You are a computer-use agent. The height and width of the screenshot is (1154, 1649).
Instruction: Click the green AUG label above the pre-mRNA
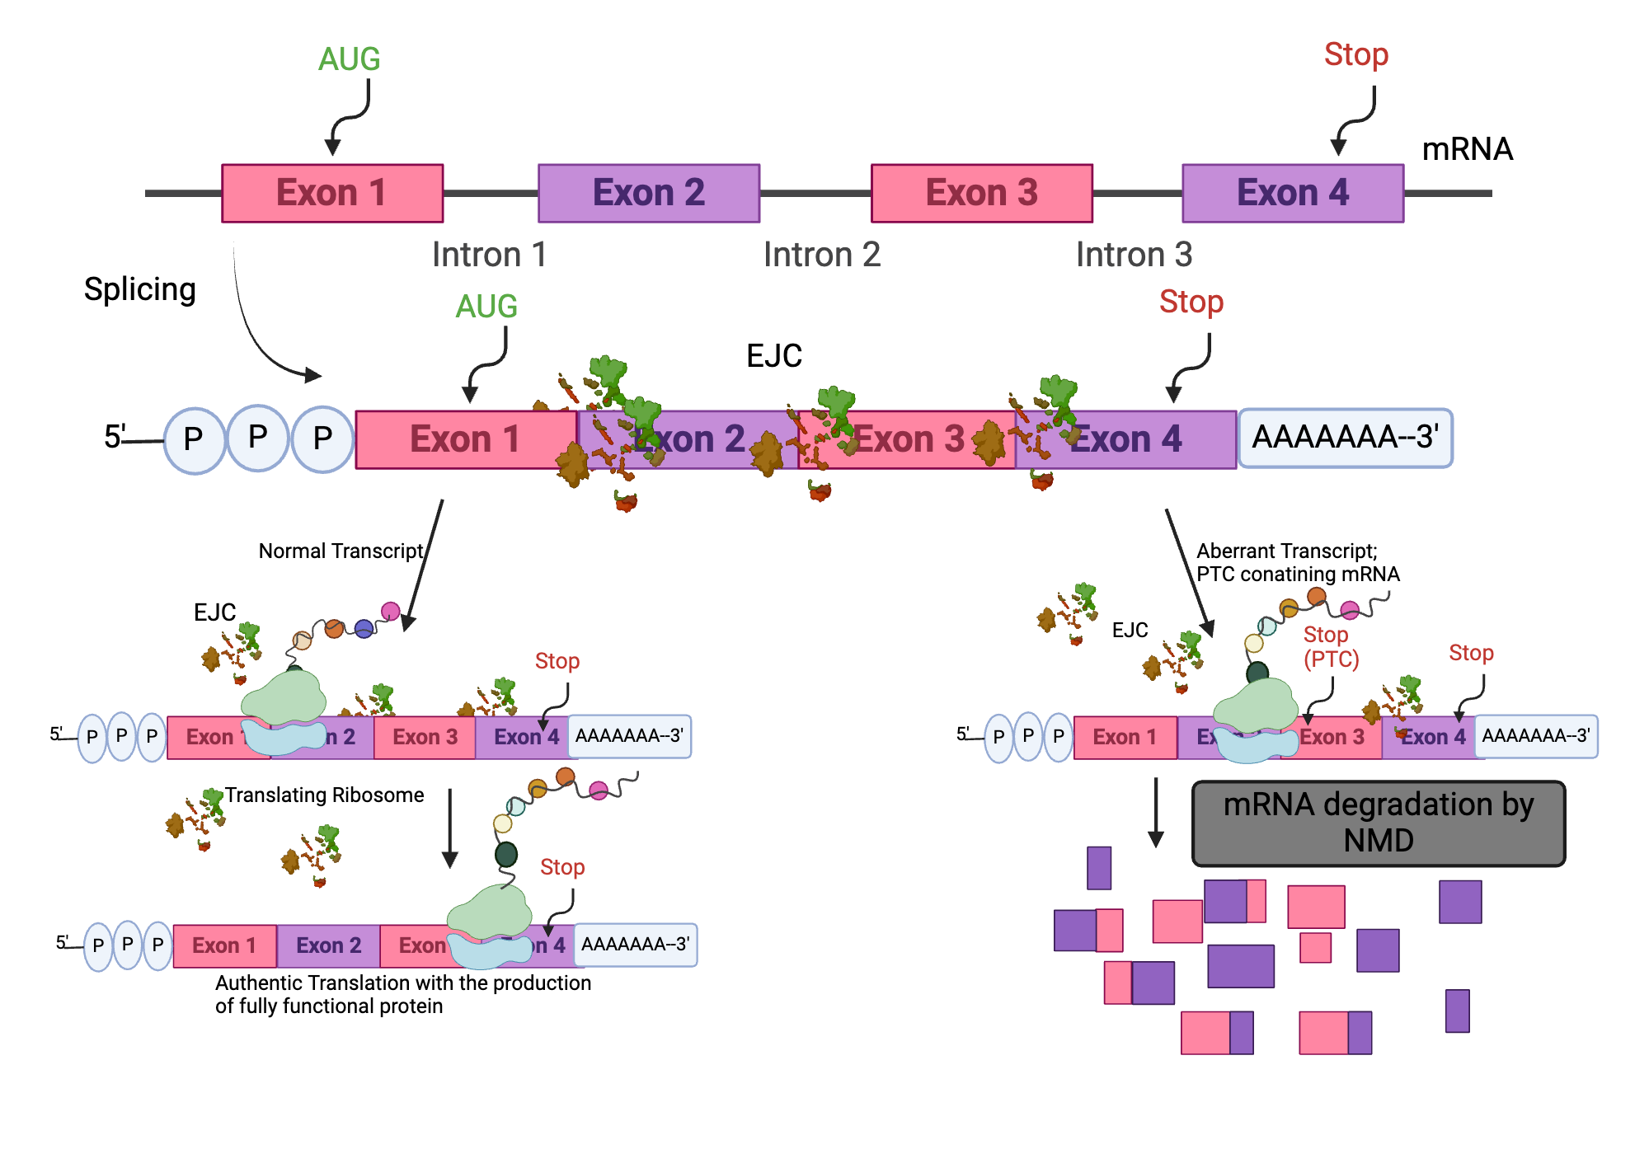tap(349, 59)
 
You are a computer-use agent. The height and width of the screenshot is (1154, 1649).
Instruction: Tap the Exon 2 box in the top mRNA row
tap(649, 193)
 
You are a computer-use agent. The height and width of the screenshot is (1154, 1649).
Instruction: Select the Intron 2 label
tap(821, 255)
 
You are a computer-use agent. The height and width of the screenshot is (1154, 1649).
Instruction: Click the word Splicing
tap(140, 289)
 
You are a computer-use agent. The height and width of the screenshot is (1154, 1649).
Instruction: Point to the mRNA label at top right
tap(1467, 149)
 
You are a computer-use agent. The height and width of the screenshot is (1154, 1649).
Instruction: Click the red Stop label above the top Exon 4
tap(1355, 54)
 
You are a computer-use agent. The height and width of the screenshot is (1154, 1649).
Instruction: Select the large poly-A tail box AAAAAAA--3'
tap(1345, 438)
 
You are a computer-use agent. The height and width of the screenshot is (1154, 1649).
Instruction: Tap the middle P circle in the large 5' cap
tap(258, 438)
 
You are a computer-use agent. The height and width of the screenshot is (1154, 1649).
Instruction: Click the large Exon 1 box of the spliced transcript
tap(465, 439)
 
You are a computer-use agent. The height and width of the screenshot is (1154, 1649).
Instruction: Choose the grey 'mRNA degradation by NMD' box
tap(1378, 823)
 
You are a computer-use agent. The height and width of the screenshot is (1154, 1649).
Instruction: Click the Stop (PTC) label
tap(1330, 647)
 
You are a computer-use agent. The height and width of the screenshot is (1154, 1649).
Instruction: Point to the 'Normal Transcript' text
tap(341, 551)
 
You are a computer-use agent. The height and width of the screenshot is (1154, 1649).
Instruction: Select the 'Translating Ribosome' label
tap(324, 795)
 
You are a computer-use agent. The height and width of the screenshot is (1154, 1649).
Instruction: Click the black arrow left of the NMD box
tap(1156, 812)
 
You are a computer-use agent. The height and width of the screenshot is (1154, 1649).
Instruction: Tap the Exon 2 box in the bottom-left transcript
tap(328, 945)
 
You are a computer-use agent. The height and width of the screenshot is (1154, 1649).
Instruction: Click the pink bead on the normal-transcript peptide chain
tap(391, 611)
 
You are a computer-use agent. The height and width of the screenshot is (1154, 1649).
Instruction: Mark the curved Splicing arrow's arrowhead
tap(313, 375)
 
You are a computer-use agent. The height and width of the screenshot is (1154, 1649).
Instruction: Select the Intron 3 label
tap(1134, 255)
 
